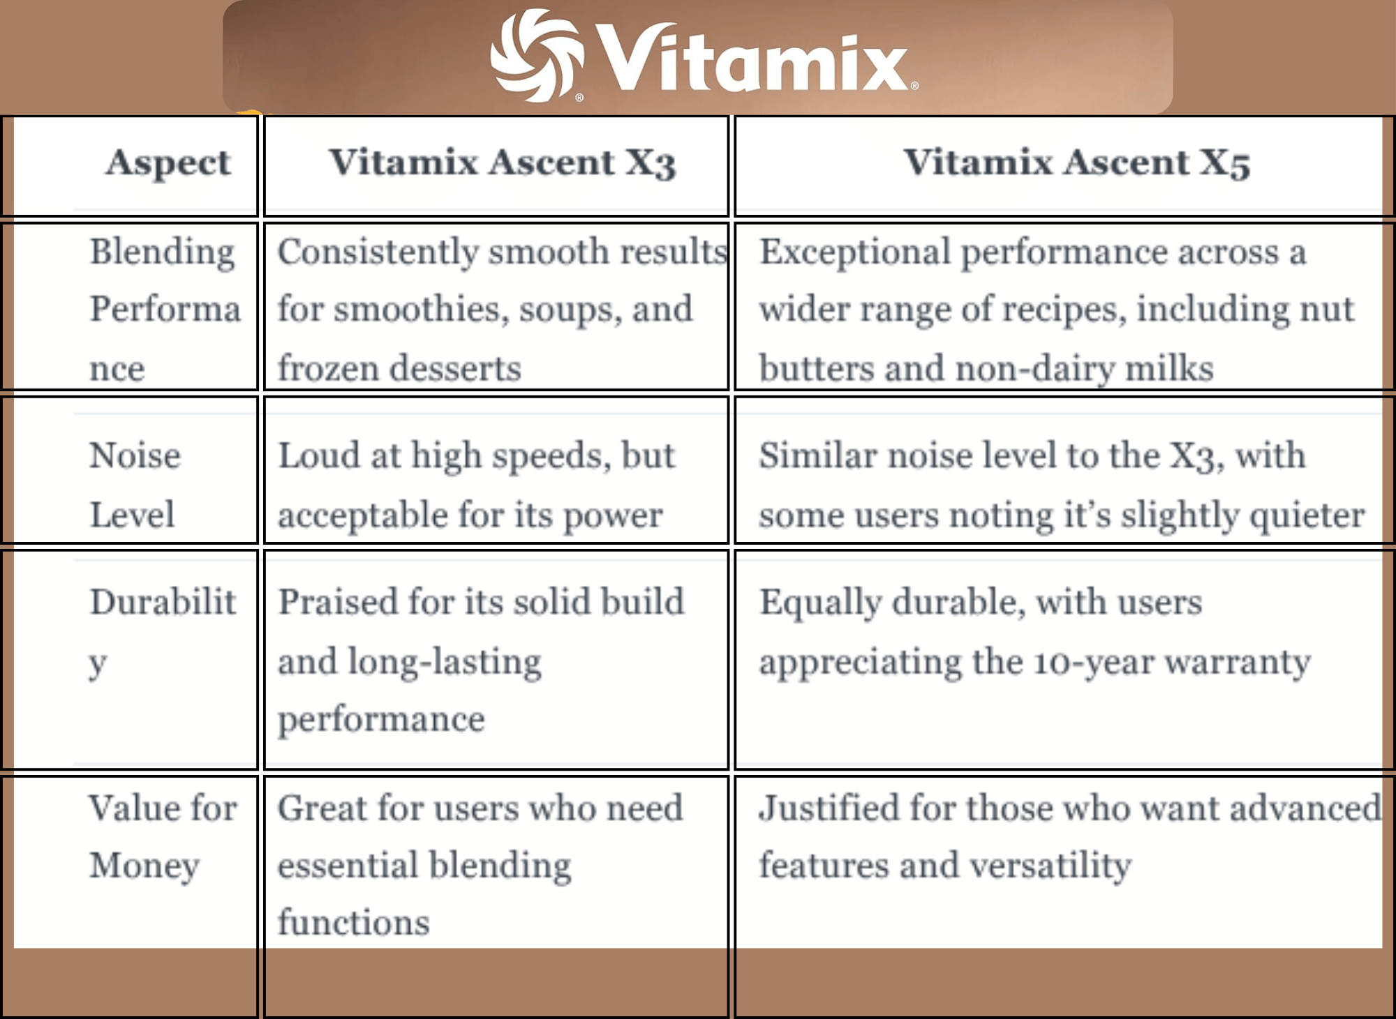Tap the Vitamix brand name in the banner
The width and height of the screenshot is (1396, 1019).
click(x=754, y=59)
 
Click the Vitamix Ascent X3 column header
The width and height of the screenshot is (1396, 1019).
click(x=503, y=163)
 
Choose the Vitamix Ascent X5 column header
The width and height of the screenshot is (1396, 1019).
click(x=1077, y=163)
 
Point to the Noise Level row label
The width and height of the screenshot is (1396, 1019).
click(x=135, y=485)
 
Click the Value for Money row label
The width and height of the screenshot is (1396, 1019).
click(x=163, y=837)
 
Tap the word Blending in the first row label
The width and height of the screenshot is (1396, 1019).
click(x=163, y=252)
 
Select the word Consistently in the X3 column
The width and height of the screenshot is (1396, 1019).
click(x=377, y=252)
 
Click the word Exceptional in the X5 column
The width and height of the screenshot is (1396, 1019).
click(x=855, y=252)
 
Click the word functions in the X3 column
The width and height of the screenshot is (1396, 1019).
click(x=354, y=923)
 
